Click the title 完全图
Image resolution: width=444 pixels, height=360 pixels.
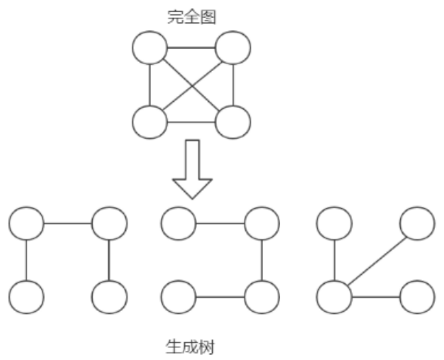pos(191,14)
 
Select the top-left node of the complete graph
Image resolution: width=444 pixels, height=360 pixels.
pos(150,48)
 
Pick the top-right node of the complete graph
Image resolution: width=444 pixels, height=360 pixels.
pos(233,48)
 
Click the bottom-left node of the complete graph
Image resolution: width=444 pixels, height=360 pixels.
pos(150,122)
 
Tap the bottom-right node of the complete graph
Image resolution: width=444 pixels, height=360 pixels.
pos(233,122)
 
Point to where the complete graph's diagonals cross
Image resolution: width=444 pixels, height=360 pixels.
pos(191,85)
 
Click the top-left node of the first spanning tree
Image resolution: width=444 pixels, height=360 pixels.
pos(26,223)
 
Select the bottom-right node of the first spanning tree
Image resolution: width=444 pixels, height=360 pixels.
pos(109,296)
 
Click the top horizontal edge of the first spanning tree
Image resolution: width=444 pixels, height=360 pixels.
pos(68,223)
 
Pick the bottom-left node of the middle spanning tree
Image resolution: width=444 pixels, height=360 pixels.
pos(179,296)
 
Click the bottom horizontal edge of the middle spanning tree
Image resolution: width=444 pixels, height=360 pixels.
pos(220,296)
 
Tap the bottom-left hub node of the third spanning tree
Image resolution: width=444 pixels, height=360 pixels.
pos(334,296)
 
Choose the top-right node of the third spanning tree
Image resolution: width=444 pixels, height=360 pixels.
pos(418,223)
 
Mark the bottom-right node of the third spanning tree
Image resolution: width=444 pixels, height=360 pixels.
pos(418,296)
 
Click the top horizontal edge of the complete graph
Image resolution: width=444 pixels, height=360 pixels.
pos(191,48)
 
